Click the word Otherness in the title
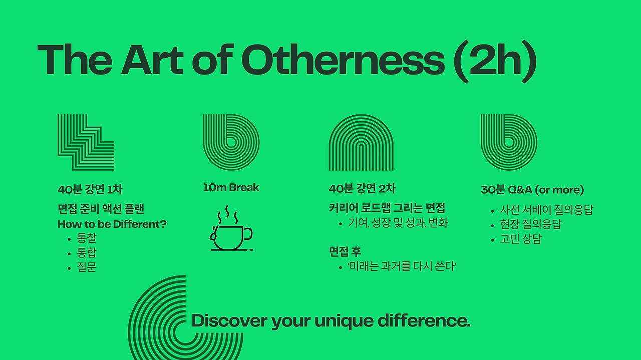point(343,60)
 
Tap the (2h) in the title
point(495,61)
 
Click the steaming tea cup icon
point(231,228)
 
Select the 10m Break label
point(231,187)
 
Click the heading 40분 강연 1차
point(90,189)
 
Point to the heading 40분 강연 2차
point(362,189)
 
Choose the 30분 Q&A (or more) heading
point(532,190)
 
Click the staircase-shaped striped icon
point(86,143)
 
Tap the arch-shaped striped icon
point(361,143)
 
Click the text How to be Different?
point(112,224)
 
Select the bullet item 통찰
point(87,238)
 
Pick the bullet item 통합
point(87,253)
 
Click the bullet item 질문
point(87,267)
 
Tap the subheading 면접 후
point(345,251)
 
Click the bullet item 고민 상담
point(521,239)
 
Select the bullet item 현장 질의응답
point(530,224)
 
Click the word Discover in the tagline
point(229,320)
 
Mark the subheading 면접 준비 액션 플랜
point(101,209)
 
